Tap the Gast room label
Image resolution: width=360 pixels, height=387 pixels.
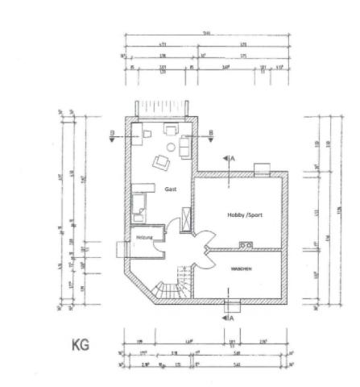pos(170,189)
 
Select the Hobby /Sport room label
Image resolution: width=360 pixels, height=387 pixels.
pos(244,214)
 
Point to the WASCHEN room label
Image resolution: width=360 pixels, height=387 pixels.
pos(242,268)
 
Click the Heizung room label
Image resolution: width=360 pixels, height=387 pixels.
pos(144,238)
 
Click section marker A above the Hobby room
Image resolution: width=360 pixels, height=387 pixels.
pos(230,160)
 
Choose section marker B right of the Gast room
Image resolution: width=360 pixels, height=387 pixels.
pos(210,135)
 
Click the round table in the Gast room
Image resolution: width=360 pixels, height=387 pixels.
pos(171,147)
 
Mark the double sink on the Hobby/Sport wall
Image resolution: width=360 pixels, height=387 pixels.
pos(246,245)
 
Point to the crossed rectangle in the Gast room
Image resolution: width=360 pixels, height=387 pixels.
pos(188,217)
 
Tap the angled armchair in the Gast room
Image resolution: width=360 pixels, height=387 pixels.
pos(162,162)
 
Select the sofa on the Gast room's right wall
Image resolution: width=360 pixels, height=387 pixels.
pos(184,147)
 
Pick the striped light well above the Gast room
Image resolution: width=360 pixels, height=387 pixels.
pos(166,106)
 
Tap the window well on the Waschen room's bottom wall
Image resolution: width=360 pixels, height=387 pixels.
pos(234,306)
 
